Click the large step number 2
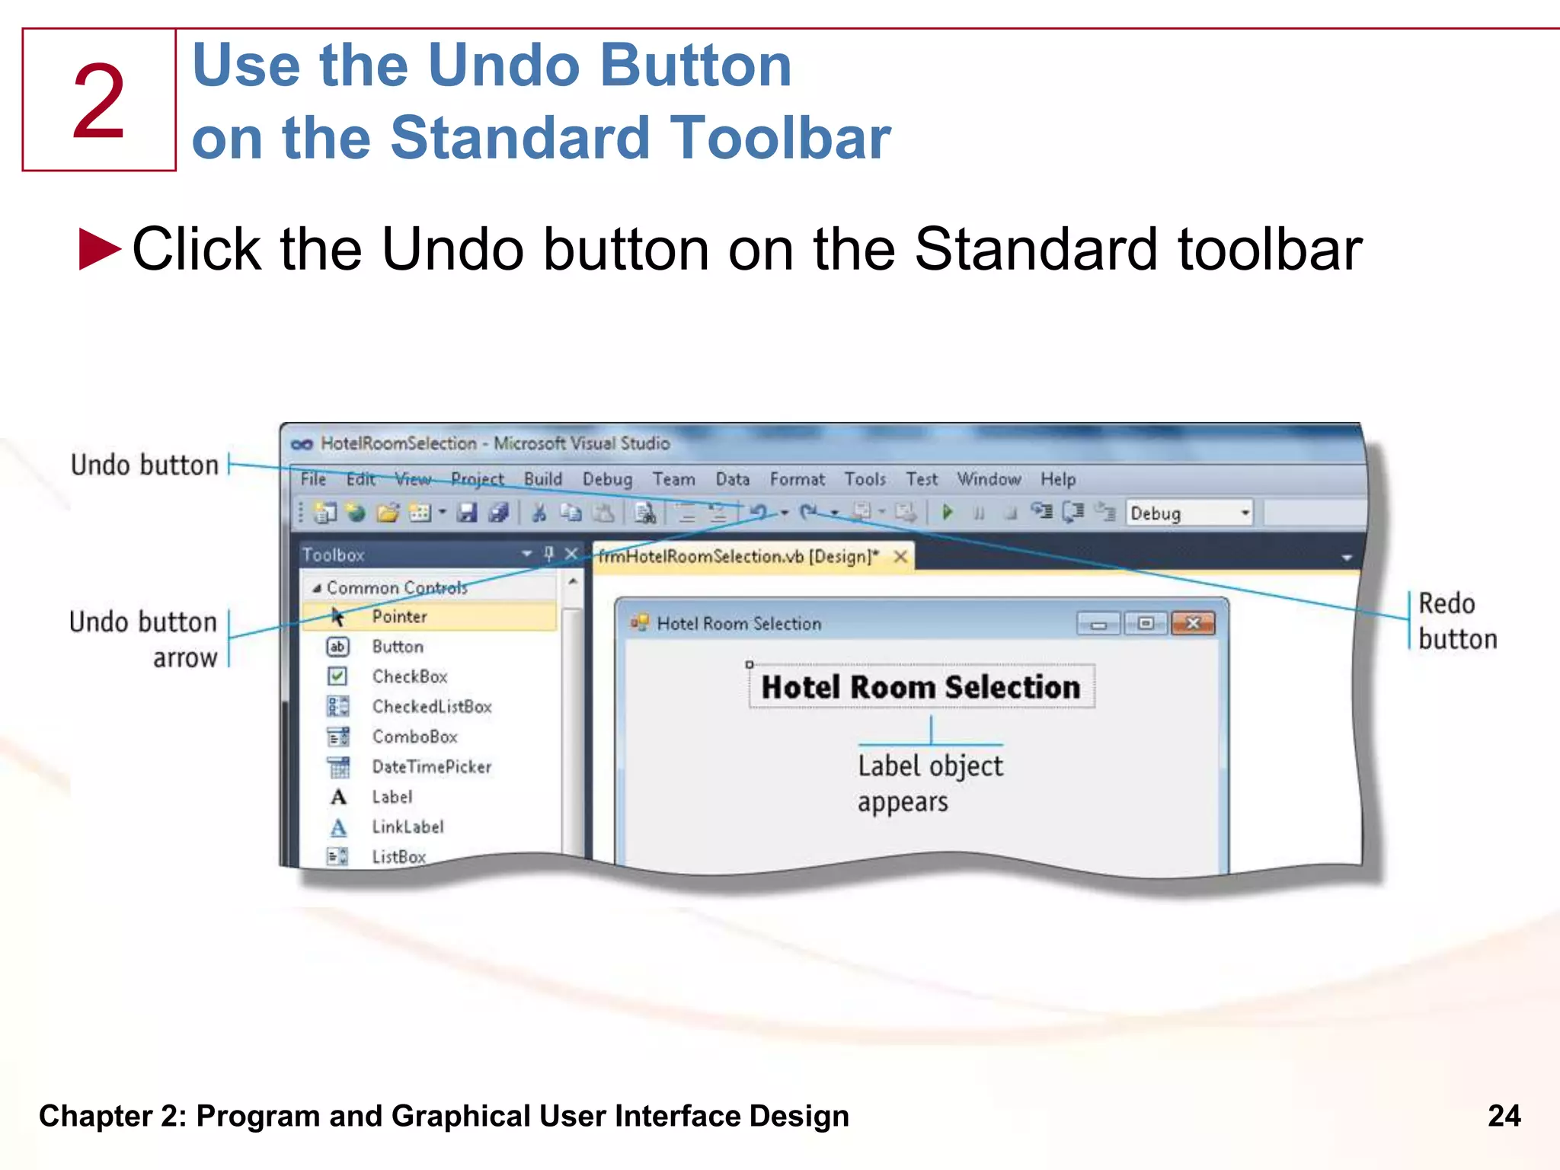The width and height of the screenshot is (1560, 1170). tap(99, 101)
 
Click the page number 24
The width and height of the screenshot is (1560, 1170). tap(1504, 1116)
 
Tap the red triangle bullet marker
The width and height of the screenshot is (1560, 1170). tap(100, 249)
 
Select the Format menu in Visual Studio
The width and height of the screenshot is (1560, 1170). tap(797, 479)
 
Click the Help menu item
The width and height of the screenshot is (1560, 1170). tap(1058, 479)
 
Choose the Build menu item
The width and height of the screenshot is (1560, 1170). tap(542, 479)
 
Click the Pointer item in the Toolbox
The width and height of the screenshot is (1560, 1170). tap(399, 616)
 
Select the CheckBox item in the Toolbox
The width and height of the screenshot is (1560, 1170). tap(409, 676)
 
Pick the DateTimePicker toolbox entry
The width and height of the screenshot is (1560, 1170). tap(431, 766)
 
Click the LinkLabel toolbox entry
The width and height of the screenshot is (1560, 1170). tap(408, 826)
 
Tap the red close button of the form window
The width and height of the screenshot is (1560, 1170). tap(1193, 623)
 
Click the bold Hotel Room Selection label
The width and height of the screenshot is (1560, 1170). tap(920, 687)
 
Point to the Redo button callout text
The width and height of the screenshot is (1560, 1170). tap(1456, 621)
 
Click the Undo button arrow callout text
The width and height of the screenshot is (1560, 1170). tap(145, 639)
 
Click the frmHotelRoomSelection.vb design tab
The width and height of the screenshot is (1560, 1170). tap(737, 557)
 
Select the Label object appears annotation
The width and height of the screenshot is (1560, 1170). tap(929, 783)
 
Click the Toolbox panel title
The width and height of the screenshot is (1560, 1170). tap(334, 555)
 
